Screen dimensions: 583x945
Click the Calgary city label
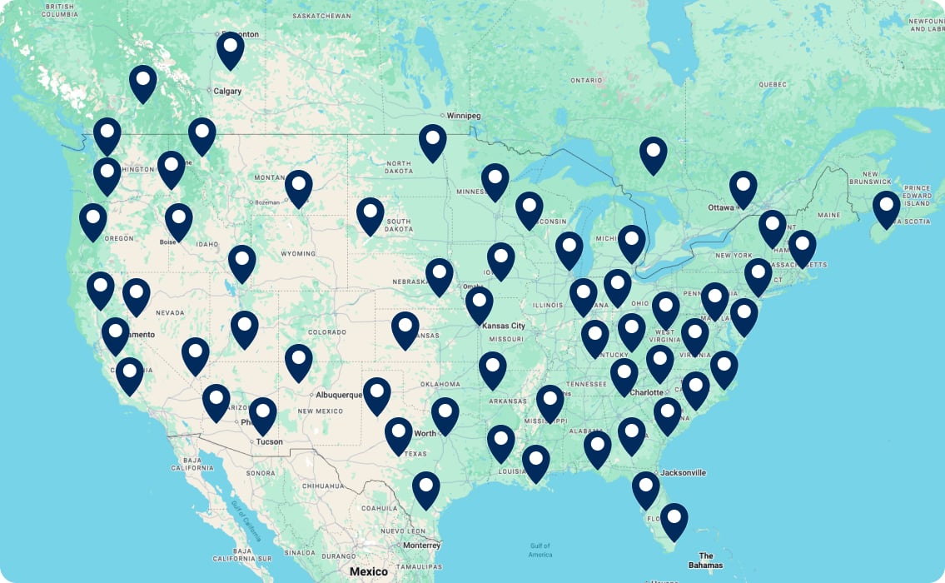(x=227, y=92)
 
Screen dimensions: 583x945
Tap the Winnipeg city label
(x=463, y=116)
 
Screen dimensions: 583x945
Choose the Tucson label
(x=268, y=441)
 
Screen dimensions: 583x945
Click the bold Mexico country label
(x=368, y=571)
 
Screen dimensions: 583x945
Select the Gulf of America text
(x=540, y=550)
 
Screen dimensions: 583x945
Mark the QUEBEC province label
(x=772, y=84)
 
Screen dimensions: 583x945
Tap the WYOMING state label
(x=298, y=253)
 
